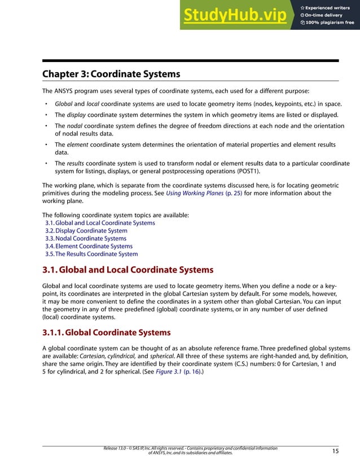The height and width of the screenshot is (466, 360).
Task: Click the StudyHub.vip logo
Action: [234, 15]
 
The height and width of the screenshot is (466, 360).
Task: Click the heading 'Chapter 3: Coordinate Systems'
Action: [111, 74]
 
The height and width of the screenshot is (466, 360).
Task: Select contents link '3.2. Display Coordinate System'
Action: [86, 231]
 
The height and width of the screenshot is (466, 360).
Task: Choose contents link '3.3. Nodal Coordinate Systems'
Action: [86, 239]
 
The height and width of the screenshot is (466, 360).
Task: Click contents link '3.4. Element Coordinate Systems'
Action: [89, 246]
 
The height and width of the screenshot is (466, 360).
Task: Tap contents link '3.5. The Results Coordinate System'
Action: [91, 254]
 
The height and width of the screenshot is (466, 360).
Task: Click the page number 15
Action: [335, 451]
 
